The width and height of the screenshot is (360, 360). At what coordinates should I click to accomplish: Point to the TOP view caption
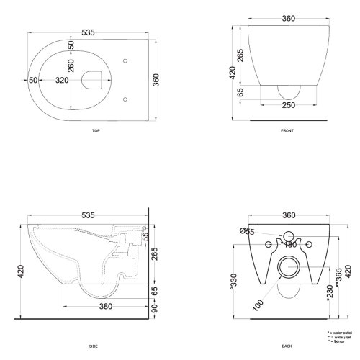[96, 132]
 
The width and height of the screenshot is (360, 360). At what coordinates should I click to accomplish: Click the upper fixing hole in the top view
[125, 60]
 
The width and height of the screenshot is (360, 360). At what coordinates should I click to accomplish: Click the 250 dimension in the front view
[290, 106]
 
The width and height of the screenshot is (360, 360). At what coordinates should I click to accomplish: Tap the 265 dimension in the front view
[240, 55]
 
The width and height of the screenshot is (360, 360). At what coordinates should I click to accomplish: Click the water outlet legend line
[340, 333]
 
